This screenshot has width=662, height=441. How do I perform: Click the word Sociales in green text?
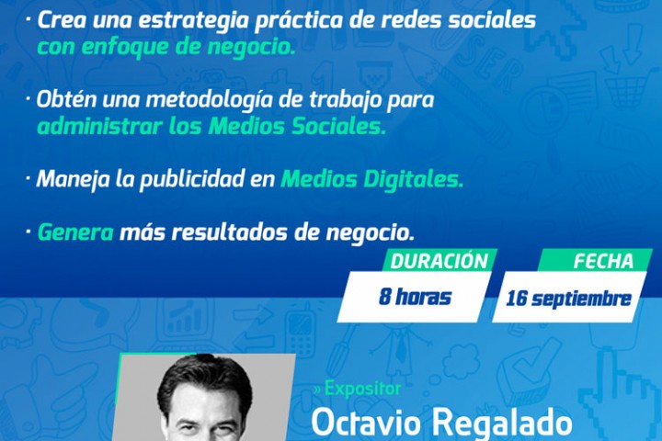pyautogui.click(x=339, y=126)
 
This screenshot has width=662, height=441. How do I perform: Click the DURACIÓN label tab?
pyautogui.click(x=439, y=262)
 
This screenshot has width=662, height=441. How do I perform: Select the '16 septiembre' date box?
pyautogui.click(x=568, y=299)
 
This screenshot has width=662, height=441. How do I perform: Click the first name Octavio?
pyautogui.click(x=367, y=425)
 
